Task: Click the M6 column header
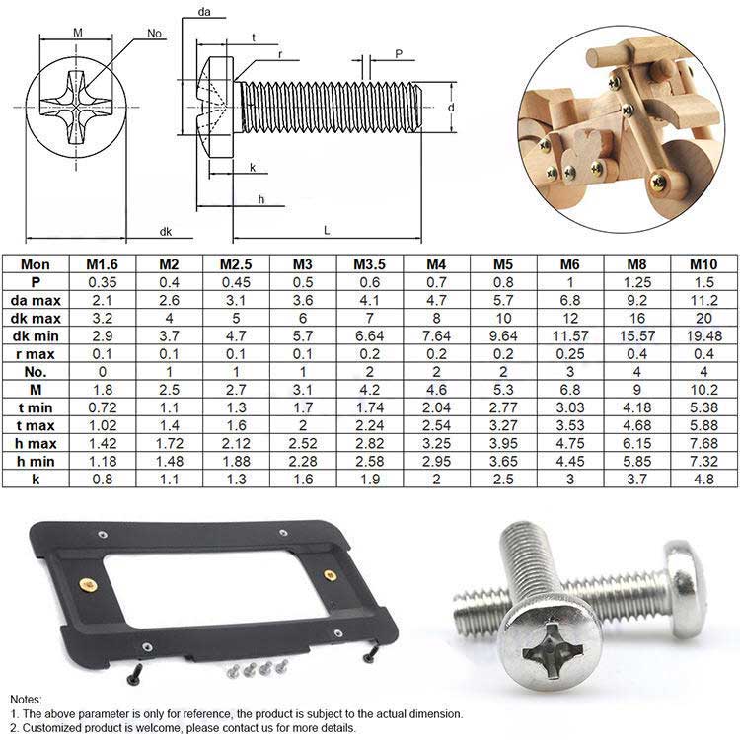click(x=569, y=264)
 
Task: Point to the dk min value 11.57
click(x=569, y=335)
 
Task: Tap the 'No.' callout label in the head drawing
click(x=156, y=33)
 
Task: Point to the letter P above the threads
click(x=398, y=55)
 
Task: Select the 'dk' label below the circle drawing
click(x=166, y=231)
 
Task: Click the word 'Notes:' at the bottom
click(x=27, y=699)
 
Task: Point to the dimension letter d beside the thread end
click(x=450, y=108)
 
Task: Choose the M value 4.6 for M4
click(x=435, y=389)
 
